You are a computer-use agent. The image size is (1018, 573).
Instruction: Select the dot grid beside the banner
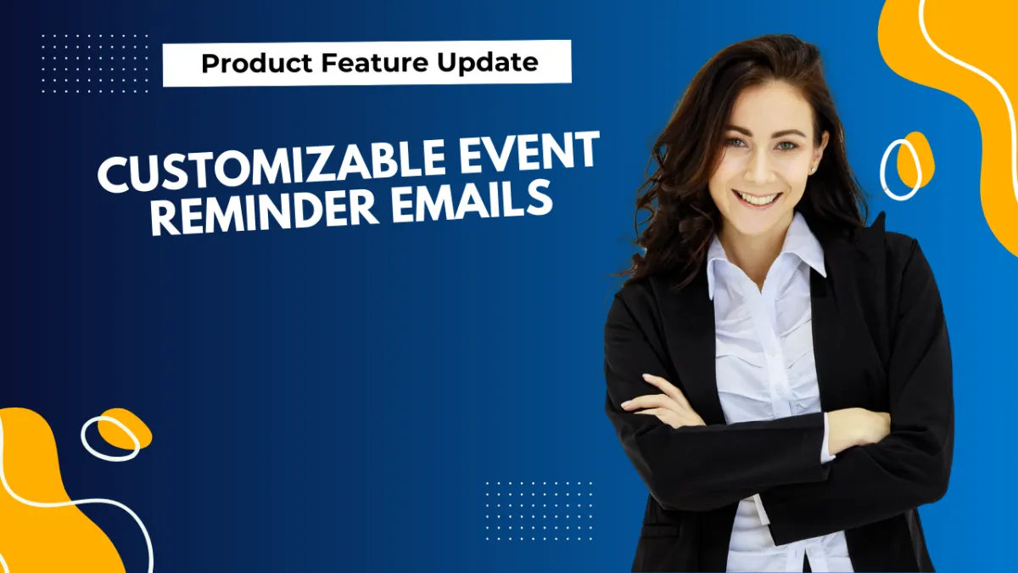click(94, 64)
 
